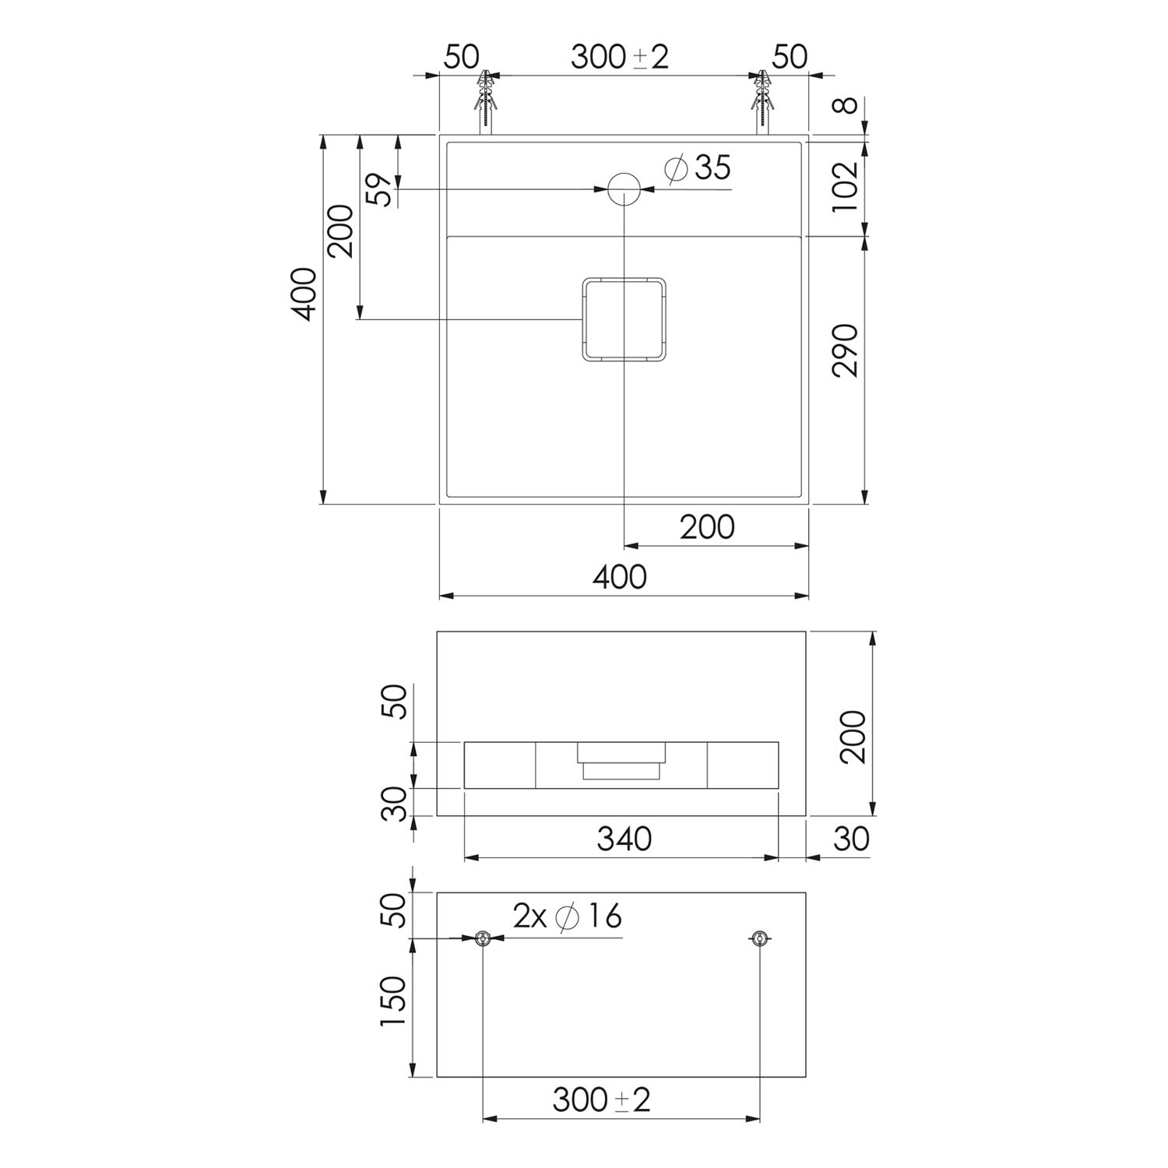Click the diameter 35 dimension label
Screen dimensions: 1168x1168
tap(699, 167)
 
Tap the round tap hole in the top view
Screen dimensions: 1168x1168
tap(624, 188)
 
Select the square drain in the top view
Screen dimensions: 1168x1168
tap(624, 319)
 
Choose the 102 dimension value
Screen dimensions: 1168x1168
tap(846, 186)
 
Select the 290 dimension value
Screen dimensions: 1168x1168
tap(846, 350)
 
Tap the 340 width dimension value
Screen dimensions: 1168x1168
tap(624, 839)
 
